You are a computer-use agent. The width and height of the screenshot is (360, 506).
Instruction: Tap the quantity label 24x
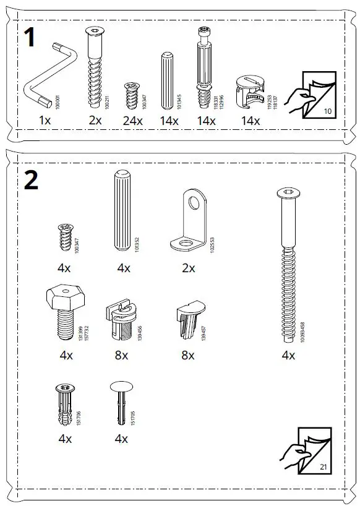click(x=132, y=121)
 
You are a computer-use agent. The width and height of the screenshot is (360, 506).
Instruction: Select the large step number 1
click(x=32, y=38)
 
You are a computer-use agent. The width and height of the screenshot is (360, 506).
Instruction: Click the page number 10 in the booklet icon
click(x=328, y=111)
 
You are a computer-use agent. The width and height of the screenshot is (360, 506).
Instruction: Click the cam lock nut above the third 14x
click(x=250, y=92)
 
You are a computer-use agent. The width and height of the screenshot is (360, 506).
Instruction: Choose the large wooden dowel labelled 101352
click(x=121, y=210)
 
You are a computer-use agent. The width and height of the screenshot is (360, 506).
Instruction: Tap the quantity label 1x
click(x=45, y=121)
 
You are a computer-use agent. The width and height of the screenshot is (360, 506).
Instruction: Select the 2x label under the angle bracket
click(x=188, y=268)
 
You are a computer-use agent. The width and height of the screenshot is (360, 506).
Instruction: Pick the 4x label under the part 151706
click(x=65, y=439)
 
